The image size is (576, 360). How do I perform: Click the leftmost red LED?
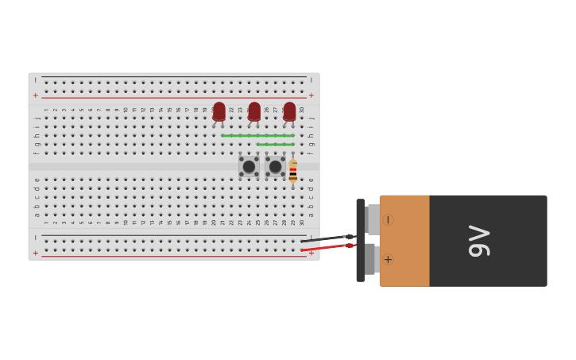point(219,111)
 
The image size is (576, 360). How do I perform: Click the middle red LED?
point(254,111)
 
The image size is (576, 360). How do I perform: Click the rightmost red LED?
point(289,111)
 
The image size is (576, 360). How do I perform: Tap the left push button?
point(249,167)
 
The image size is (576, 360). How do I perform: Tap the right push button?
point(276,167)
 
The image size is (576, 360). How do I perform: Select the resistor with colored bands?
point(292,171)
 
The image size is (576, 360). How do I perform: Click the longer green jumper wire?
point(257,136)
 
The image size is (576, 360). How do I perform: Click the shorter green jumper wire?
point(275,145)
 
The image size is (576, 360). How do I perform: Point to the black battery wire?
point(326,238)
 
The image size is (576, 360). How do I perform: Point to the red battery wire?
point(326,248)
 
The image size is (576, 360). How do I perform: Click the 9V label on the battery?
point(480,241)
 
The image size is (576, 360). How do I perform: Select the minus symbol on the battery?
point(388,220)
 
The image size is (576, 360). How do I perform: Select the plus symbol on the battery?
point(388,259)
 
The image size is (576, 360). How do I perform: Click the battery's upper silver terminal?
point(372,219)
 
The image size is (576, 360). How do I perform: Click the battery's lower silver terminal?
point(370,259)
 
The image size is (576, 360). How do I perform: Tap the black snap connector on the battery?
point(361,240)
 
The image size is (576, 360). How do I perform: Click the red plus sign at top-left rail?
point(35,95)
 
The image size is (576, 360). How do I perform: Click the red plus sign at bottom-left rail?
point(35,253)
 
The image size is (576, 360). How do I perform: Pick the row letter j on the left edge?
point(37,118)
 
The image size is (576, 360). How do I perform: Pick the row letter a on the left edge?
point(37,215)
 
